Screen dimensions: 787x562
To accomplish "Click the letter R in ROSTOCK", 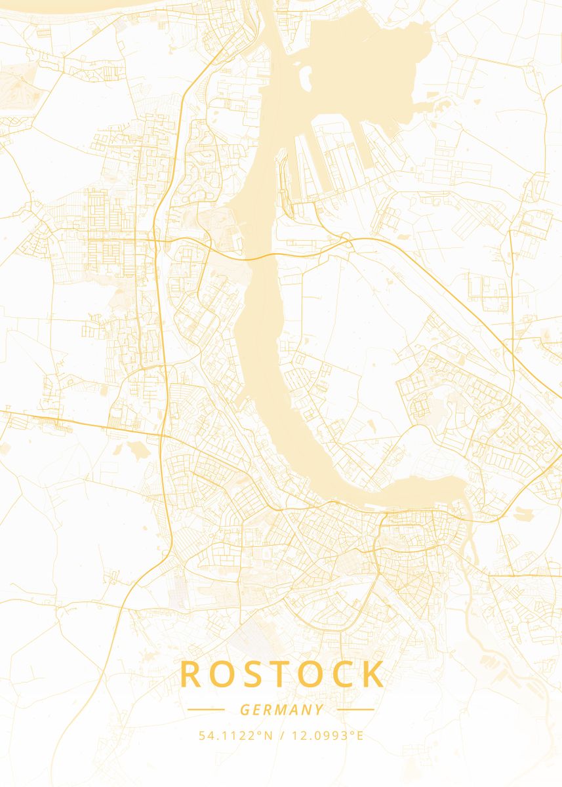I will tap(191, 674).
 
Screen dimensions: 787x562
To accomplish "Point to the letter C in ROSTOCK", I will tap(343, 674).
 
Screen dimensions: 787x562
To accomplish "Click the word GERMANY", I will tap(281, 710).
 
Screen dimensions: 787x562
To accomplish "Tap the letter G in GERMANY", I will tap(245, 710).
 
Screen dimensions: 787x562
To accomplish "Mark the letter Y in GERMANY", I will tap(319, 710).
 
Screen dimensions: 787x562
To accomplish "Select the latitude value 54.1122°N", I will tap(235, 736).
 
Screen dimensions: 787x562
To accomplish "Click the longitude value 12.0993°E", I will tap(327, 736).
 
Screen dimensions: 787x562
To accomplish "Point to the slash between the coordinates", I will tap(282, 736).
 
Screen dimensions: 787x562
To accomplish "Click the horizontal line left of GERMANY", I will tap(206, 709).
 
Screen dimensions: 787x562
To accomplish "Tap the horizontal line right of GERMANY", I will tap(355, 709).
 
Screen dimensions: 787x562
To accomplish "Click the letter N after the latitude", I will tap(268, 736).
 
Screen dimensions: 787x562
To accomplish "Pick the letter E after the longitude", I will tap(359, 736).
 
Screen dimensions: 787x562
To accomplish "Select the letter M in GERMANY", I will tap(281, 710).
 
